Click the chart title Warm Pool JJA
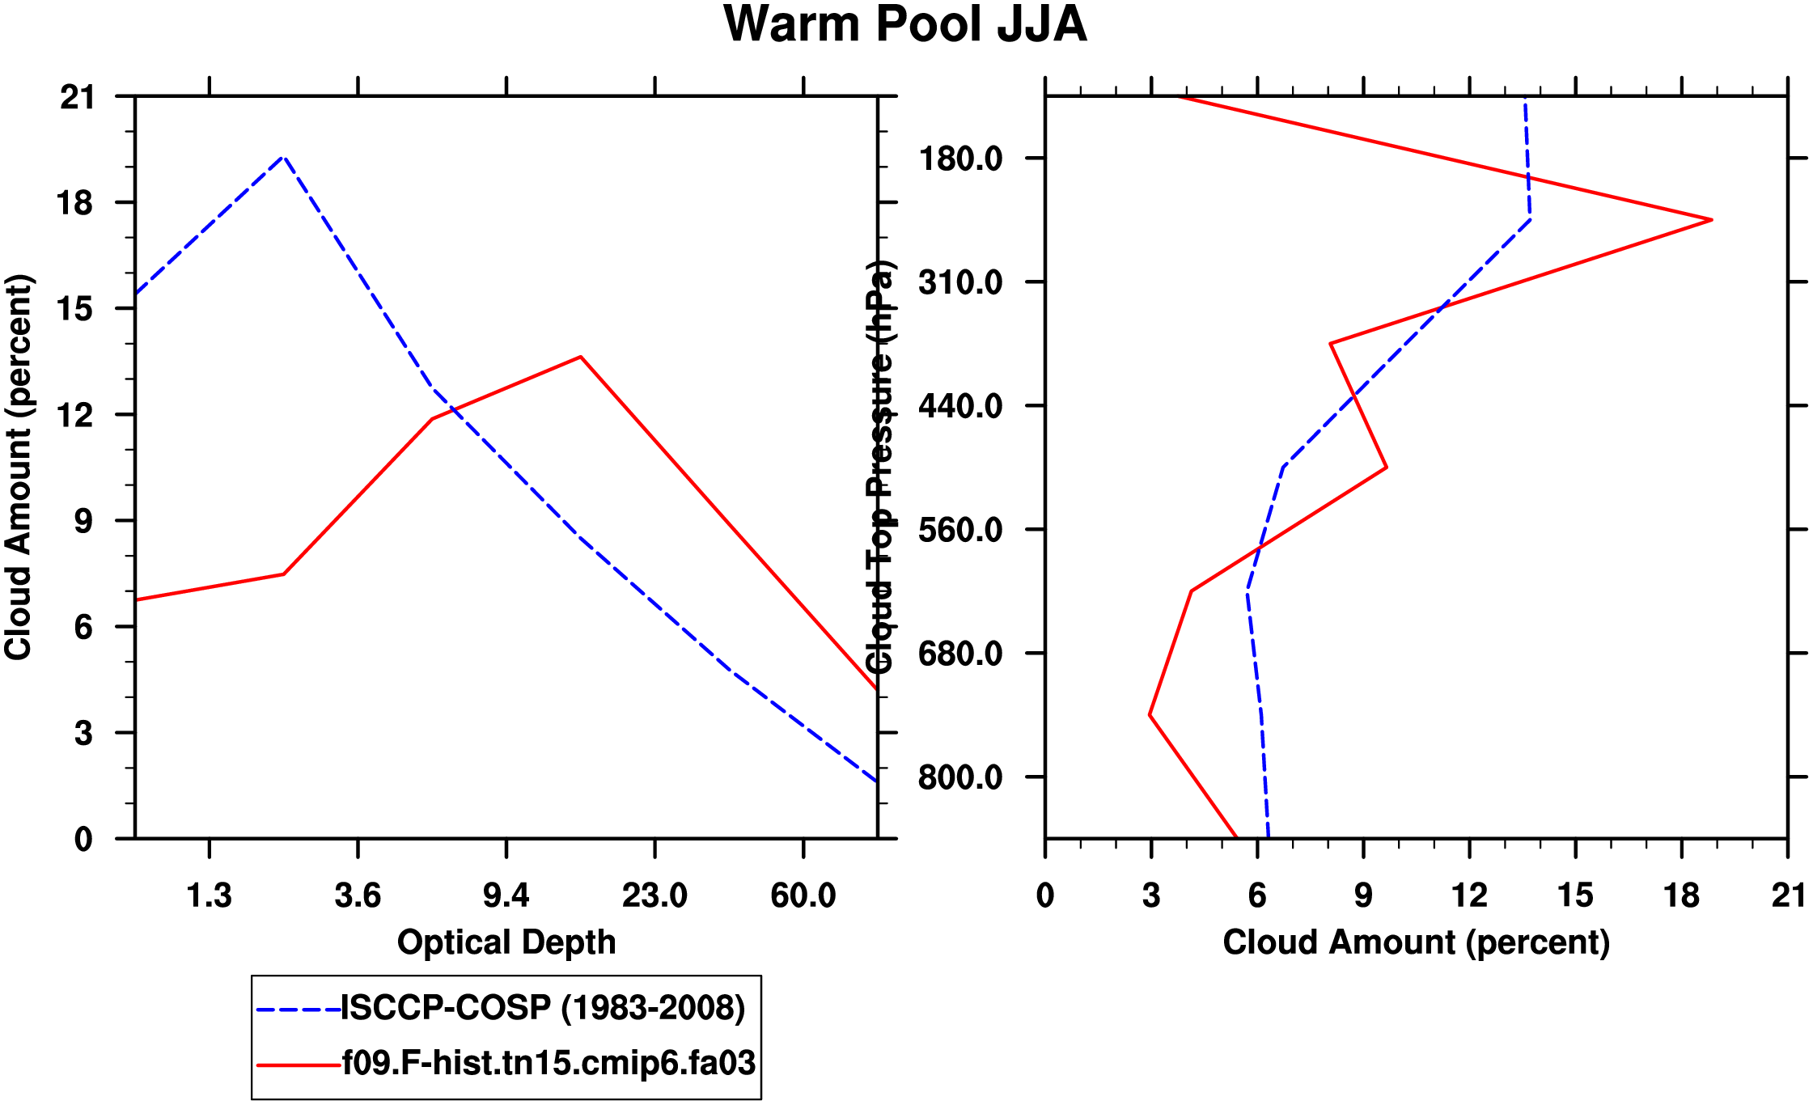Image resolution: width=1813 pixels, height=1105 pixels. click(904, 25)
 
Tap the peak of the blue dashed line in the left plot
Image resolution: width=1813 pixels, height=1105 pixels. click(283, 157)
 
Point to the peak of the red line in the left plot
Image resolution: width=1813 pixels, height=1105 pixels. click(581, 357)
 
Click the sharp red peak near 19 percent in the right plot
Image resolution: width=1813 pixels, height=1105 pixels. click(1711, 219)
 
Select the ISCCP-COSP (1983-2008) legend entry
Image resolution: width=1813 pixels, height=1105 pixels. click(543, 1008)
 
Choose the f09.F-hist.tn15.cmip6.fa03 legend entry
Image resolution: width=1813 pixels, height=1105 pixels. click(549, 1063)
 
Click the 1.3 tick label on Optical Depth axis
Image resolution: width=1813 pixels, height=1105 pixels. click(210, 895)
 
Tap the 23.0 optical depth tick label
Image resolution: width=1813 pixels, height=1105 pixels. click(654, 895)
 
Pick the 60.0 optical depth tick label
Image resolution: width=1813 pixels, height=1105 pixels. click(803, 895)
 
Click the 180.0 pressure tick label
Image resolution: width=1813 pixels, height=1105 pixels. click(960, 159)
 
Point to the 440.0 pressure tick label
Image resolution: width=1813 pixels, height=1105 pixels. click(960, 405)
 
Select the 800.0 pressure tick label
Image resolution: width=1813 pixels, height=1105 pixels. click(960, 777)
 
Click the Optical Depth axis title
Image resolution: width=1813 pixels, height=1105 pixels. click(506, 942)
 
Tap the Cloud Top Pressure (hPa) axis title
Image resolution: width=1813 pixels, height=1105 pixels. click(879, 467)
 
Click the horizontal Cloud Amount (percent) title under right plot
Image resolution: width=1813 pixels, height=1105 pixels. click(1416, 942)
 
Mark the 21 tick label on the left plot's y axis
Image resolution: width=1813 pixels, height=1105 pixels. click(77, 97)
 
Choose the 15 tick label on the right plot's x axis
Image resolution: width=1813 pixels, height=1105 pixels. click(1574, 895)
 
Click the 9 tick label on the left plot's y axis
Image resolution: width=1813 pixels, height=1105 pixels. click(84, 521)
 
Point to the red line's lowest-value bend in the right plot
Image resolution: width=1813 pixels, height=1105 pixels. click(1150, 715)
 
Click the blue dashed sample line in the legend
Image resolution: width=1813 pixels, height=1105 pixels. click(298, 1010)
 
